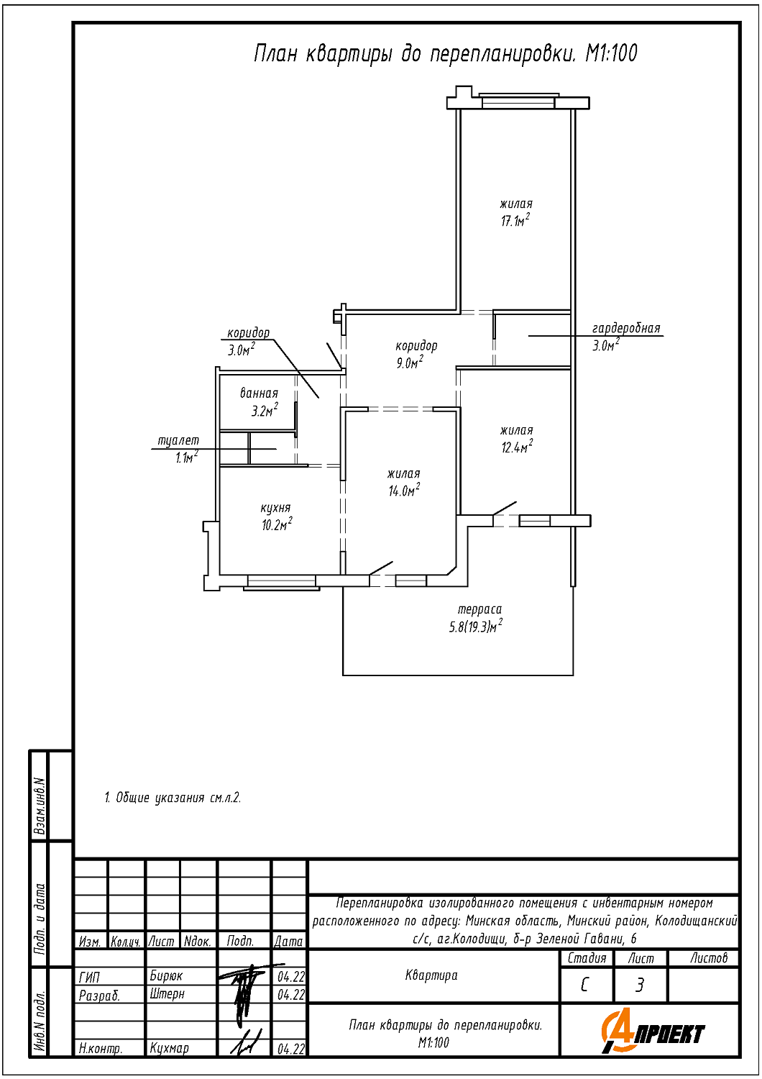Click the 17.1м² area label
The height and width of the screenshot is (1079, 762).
[515, 221]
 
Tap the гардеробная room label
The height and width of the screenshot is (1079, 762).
[626, 329]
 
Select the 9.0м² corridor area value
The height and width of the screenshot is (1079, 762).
[410, 363]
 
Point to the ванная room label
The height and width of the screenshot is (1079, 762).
[259, 393]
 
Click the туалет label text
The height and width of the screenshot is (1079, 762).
[178, 440]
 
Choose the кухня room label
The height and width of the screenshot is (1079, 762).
[275, 508]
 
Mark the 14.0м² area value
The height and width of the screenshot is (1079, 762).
[404, 491]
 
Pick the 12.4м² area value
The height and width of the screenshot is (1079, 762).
[517, 447]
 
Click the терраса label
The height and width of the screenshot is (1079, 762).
[479, 609]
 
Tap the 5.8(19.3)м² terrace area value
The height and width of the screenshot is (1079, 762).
[475, 627]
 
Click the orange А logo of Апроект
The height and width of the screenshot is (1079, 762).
[615, 1033]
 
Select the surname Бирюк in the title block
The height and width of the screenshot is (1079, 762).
[166, 976]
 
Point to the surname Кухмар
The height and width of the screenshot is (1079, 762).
[169, 1048]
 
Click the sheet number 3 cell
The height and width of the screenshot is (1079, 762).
[640, 985]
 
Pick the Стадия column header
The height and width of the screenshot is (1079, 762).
[587, 958]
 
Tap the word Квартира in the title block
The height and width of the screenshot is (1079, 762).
[431, 975]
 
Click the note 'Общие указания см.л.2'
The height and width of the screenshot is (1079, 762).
[173, 798]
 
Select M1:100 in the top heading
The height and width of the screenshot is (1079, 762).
[611, 53]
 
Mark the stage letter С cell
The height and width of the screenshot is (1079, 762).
[585, 985]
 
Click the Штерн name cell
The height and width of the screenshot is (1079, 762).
[167, 994]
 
